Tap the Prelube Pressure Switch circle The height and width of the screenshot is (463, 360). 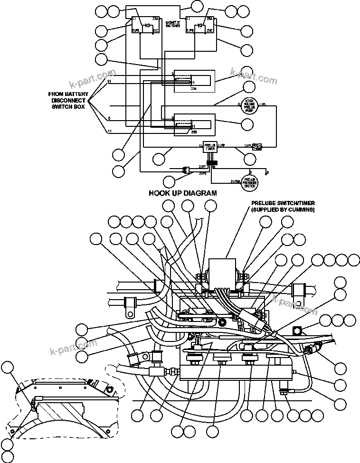250,181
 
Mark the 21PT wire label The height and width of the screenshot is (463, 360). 202,166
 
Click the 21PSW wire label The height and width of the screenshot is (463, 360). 235,181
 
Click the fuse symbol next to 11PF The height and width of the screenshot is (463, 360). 257,146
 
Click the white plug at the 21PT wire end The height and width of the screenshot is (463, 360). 187,170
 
